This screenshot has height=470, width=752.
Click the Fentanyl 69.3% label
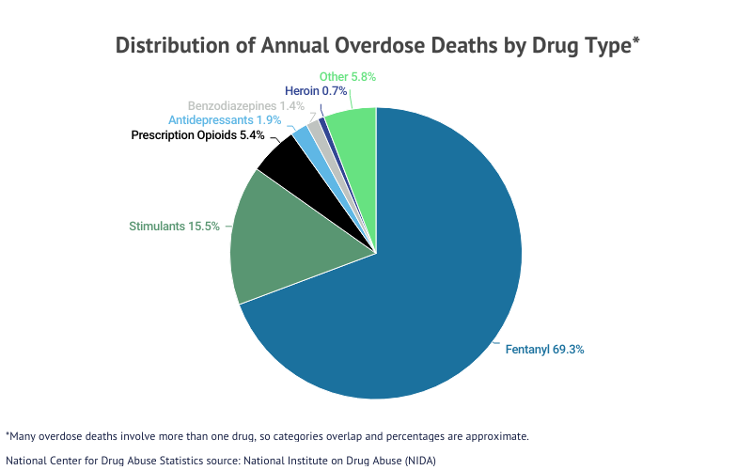(545, 349)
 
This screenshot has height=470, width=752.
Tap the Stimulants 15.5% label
(174, 226)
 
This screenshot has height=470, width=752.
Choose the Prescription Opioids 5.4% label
(191, 135)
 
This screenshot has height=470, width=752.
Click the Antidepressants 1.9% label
(211, 120)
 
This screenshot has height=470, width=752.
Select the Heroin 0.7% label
(316, 91)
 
